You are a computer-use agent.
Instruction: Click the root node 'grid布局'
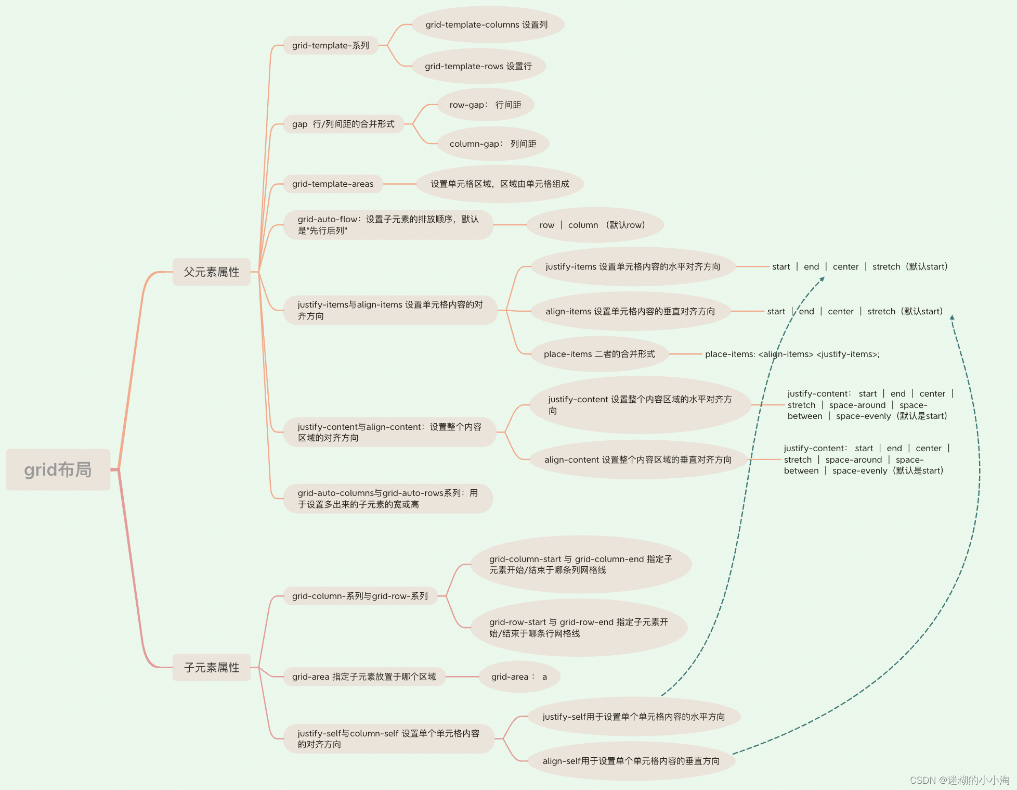coord(58,469)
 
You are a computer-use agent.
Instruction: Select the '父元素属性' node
coord(211,272)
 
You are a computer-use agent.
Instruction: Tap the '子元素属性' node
coord(211,667)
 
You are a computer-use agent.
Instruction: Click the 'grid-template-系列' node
coord(331,45)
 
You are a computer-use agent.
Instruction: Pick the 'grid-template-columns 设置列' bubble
coord(487,24)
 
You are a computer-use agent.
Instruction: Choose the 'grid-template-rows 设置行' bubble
coord(478,66)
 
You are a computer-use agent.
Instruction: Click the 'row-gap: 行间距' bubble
coord(485,105)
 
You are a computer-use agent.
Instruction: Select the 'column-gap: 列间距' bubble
coord(492,144)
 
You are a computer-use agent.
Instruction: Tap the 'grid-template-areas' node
coord(333,184)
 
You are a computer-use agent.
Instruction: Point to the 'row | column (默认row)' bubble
coord(592,225)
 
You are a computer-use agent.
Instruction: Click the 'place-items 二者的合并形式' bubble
coord(599,354)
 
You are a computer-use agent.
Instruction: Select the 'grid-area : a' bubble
coord(519,677)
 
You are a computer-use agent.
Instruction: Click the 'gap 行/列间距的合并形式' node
coord(343,124)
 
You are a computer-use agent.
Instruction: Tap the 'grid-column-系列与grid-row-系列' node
coord(360,596)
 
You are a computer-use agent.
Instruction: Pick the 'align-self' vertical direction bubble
coord(631,761)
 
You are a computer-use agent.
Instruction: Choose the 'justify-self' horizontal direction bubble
coord(634,717)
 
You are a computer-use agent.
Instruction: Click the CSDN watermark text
coord(959,780)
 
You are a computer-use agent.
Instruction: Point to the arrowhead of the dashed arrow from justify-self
coord(823,279)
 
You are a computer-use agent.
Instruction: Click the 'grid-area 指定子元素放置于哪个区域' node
coord(364,677)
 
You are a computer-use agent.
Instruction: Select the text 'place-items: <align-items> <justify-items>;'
coord(792,354)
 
